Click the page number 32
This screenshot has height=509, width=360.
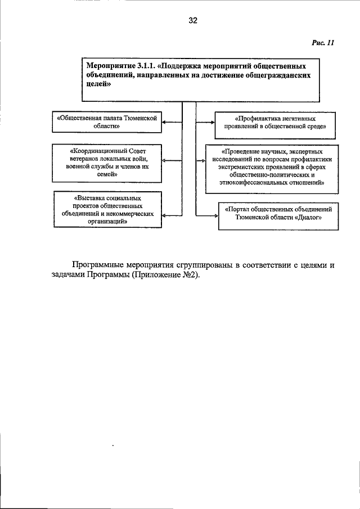(193, 21)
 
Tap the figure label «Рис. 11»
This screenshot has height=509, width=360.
(323, 43)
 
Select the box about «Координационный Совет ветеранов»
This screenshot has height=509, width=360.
(106, 163)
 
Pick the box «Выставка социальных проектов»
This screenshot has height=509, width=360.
(107, 210)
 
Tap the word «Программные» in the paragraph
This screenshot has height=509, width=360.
(100, 264)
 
